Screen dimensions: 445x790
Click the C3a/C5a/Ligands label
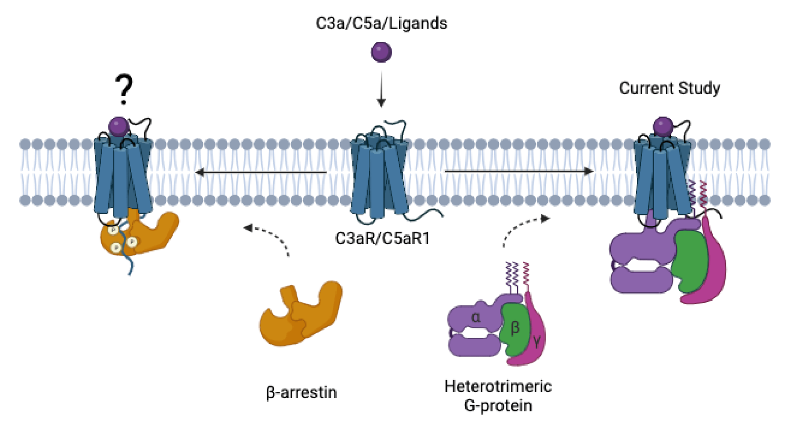click(381, 24)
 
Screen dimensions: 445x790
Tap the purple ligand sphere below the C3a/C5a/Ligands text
click(381, 52)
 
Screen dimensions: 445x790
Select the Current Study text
click(669, 88)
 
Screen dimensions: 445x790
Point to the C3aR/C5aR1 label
click(382, 239)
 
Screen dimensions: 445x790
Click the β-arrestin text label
click(301, 393)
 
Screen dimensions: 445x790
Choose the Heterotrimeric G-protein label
click(498, 396)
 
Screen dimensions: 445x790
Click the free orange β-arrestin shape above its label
click(301, 315)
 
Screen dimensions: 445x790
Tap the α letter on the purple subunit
click(476, 318)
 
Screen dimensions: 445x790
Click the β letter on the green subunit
click(515, 328)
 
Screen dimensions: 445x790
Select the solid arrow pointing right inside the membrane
click(519, 171)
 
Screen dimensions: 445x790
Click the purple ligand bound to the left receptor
click(118, 126)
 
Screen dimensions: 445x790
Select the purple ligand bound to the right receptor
click(663, 126)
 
